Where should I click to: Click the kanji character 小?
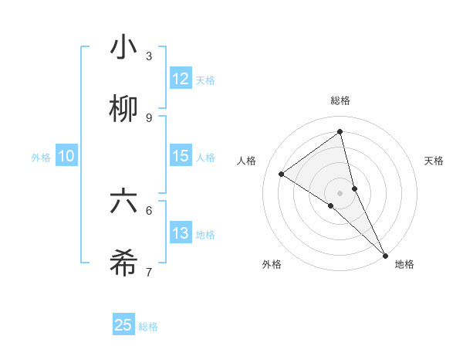point(123,48)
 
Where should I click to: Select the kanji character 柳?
point(123,110)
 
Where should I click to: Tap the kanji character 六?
point(123,202)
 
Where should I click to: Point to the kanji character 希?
point(123,264)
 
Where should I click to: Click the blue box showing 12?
point(181,79)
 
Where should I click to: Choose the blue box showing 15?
point(181,156)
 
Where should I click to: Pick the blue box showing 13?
point(181,233)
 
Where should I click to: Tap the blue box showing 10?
point(66,156)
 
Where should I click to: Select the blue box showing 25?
point(123,325)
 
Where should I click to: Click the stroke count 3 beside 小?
point(149,56)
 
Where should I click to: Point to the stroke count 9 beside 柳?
point(149,117)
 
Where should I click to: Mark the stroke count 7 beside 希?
point(149,272)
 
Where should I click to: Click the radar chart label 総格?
point(340,100)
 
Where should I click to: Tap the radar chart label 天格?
point(434,161)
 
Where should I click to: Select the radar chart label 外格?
point(272,264)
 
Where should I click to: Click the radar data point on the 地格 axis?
point(385,254)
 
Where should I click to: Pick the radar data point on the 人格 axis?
point(282,174)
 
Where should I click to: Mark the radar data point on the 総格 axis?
point(340,132)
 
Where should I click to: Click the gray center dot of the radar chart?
point(340,192)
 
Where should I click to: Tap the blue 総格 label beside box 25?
point(148,327)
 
